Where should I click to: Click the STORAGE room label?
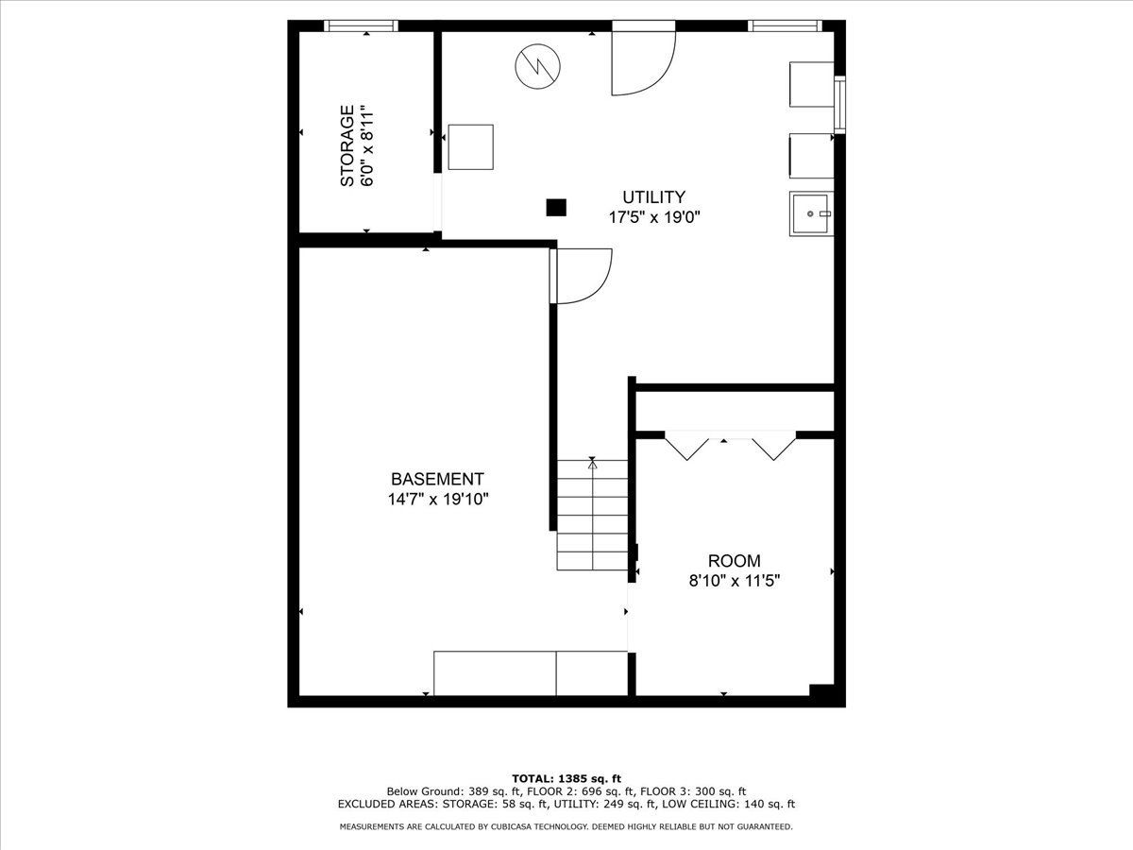(x=347, y=145)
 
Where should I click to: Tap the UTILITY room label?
(x=653, y=197)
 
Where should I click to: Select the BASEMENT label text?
(x=437, y=479)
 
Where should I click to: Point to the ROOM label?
(x=734, y=560)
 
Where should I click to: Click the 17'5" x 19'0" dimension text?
(x=654, y=217)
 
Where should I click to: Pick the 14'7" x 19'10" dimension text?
(x=438, y=499)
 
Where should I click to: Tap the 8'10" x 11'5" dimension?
(x=734, y=581)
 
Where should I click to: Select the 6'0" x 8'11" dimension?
(x=366, y=146)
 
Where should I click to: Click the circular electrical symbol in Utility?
(x=537, y=66)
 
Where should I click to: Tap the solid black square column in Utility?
(x=556, y=208)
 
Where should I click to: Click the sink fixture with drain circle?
(x=811, y=213)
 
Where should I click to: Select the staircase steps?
(x=592, y=515)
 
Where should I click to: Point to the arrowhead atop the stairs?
(x=593, y=465)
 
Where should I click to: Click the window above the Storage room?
(x=361, y=25)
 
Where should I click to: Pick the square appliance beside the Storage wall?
(x=470, y=147)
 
